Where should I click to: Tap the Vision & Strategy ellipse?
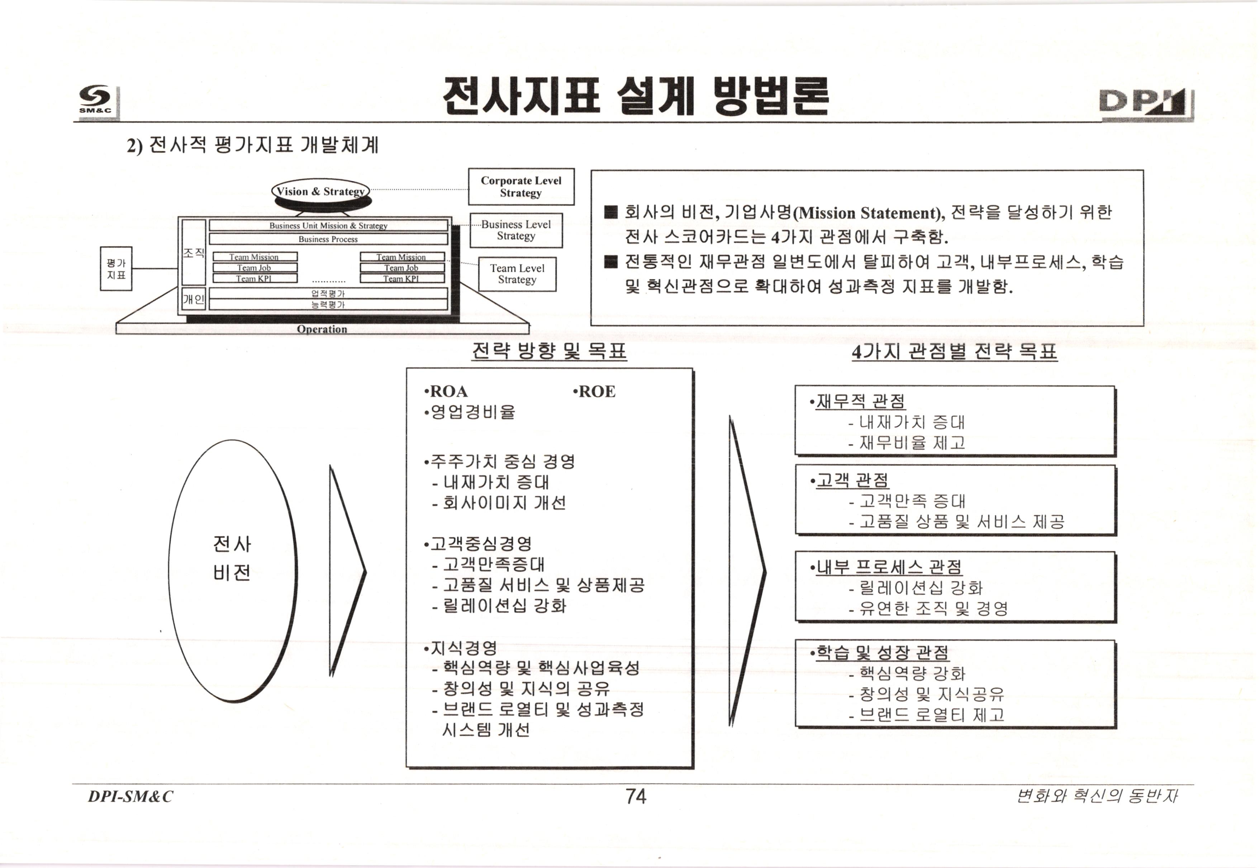320,191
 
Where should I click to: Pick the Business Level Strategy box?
516,230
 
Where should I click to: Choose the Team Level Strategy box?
517,274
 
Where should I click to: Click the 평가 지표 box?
116,269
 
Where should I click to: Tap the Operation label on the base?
322,329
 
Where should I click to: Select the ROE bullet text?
595,392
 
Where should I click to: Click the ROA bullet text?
446,392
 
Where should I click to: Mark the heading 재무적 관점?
860,401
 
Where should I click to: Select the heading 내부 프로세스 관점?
888,567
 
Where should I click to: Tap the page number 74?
636,797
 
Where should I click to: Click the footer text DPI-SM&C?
130,797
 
